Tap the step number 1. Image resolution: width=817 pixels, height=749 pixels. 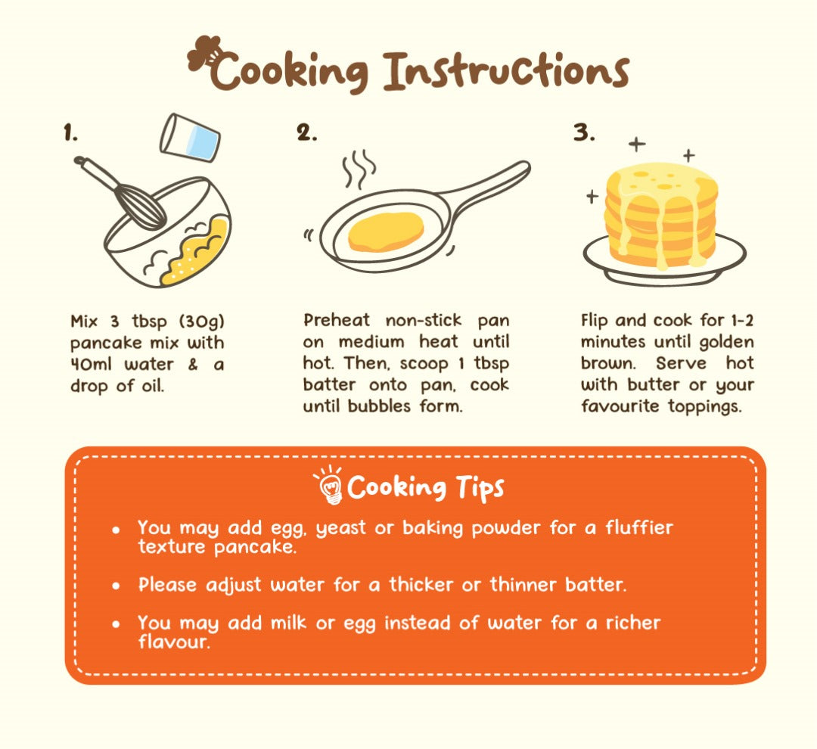point(70,132)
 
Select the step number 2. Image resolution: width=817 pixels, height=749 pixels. point(306,132)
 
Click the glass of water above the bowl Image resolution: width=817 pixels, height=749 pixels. point(190,138)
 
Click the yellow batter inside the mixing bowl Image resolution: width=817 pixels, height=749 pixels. point(196,251)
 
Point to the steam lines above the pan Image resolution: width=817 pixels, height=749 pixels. point(359,168)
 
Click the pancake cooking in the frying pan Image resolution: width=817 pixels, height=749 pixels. point(386,232)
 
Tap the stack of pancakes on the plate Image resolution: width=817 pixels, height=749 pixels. point(660,215)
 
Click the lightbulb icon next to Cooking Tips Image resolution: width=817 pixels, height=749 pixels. point(329,484)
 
